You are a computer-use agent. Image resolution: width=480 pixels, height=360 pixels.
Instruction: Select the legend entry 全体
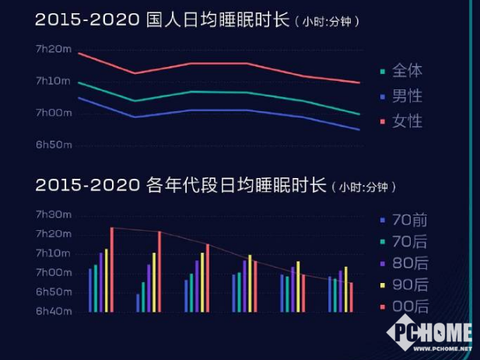point(408,71)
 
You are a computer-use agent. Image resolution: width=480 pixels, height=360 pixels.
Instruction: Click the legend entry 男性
point(408,96)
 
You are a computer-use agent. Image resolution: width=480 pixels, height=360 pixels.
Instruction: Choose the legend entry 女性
point(408,121)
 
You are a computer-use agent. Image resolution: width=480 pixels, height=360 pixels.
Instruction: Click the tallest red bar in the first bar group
point(112,269)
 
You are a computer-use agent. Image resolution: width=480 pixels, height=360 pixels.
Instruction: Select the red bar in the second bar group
point(159,271)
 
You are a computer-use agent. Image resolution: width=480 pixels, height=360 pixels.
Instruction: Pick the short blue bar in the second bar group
point(138,302)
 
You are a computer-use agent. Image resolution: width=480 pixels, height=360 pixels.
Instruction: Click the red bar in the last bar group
point(351,297)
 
